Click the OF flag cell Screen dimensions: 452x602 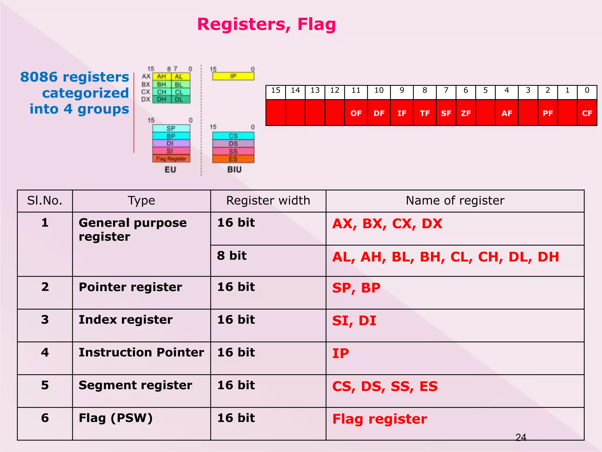pos(356,113)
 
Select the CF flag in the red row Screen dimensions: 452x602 pos(587,113)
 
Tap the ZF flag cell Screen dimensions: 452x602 pos(466,113)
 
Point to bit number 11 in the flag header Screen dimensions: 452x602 pos(356,91)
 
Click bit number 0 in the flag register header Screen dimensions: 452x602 pos(587,91)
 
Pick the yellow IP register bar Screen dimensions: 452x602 pos(233,76)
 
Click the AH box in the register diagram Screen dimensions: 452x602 pos(161,77)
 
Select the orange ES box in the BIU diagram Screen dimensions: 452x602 pos(233,159)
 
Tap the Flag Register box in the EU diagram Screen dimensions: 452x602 pos(171,159)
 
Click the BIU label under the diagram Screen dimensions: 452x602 pos(234,169)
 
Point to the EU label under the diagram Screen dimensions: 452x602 pos(170,170)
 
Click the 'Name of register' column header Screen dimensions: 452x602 pos(455,201)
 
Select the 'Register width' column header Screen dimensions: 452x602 pos(268,201)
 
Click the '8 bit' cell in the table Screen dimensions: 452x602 pos(232,256)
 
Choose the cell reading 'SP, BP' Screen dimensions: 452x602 pos(356,288)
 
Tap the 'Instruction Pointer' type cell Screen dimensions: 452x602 pos(141,353)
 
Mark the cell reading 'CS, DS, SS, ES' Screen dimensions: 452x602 pos(385,386)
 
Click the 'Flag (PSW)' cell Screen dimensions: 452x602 pos(116,418)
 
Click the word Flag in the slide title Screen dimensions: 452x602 pos(316,24)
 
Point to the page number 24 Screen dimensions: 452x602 pos(521,437)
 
